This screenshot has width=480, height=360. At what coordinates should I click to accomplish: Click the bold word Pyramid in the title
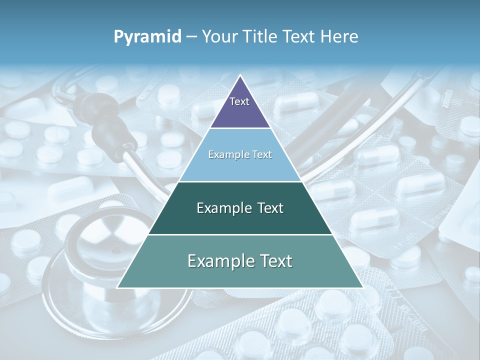(147, 37)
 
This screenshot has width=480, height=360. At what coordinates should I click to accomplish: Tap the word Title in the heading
(260, 37)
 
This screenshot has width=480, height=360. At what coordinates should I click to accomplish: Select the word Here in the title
(339, 37)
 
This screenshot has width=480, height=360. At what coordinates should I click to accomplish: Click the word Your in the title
(219, 37)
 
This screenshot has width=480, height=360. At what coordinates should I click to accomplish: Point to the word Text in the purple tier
(239, 101)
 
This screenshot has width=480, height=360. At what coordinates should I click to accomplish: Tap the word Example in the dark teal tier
(219, 208)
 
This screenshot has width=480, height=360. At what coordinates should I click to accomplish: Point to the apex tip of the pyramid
(240, 76)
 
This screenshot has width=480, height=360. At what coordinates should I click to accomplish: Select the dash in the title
(191, 37)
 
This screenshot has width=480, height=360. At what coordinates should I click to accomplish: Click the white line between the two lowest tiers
(240, 234)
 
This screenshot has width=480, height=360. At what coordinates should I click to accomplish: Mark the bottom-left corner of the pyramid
(117, 287)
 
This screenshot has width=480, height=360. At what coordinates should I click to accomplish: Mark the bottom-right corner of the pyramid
(363, 287)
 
